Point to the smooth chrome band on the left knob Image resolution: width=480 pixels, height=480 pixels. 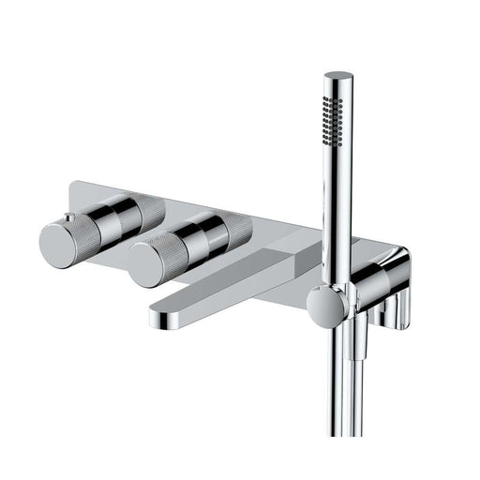(x=120, y=219)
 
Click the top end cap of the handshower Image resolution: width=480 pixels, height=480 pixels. (x=339, y=76)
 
